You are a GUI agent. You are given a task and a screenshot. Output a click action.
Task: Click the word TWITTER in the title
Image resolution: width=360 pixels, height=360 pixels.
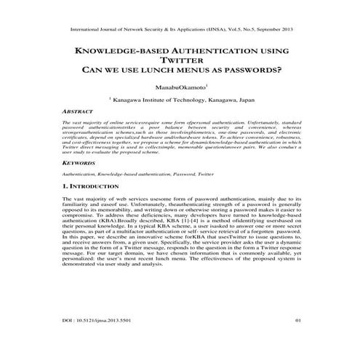pos(180,61)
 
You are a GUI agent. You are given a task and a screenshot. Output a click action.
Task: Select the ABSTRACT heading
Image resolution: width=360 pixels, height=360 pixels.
pos(79,113)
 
